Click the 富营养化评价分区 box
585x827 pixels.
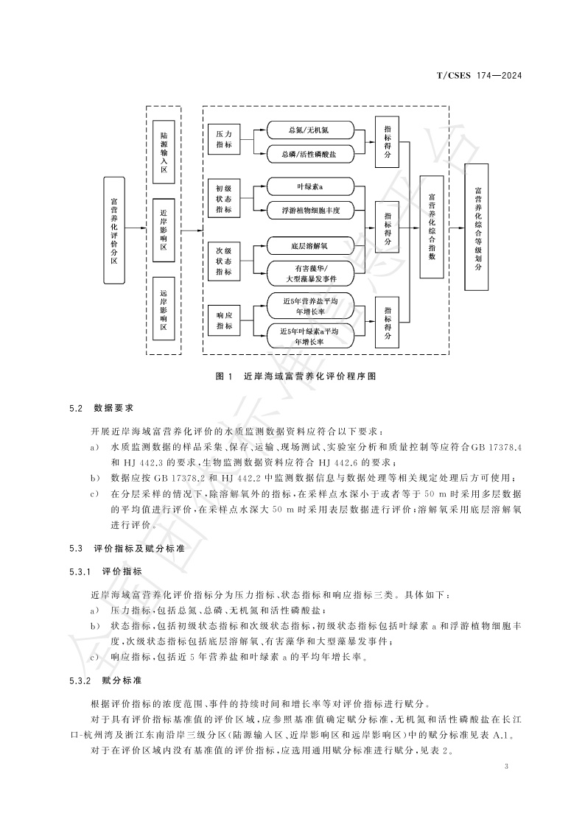tap(114, 230)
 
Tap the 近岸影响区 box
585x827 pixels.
tap(164, 230)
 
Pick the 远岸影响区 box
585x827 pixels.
tap(164, 309)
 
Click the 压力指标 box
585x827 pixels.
tap(224, 140)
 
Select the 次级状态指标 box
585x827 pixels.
tap(224, 259)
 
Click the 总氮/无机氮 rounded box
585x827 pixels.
tap(309, 130)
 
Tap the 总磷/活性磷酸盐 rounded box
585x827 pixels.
tap(309, 153)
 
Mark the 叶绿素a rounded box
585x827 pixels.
tap(309, 187)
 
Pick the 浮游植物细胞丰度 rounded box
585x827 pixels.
tap(309, 210)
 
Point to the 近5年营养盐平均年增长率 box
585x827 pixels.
tap(309, 306)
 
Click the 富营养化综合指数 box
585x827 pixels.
tap(432, 227)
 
